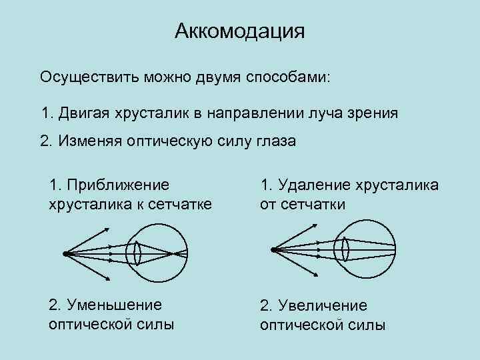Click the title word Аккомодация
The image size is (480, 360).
(239, 31)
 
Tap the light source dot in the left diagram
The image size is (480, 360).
(65, 253)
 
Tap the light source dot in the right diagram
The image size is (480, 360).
(273, 249)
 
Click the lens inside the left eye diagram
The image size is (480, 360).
(137, 253)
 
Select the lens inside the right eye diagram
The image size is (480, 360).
(345, 249)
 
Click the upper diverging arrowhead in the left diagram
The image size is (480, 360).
(107, 230)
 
